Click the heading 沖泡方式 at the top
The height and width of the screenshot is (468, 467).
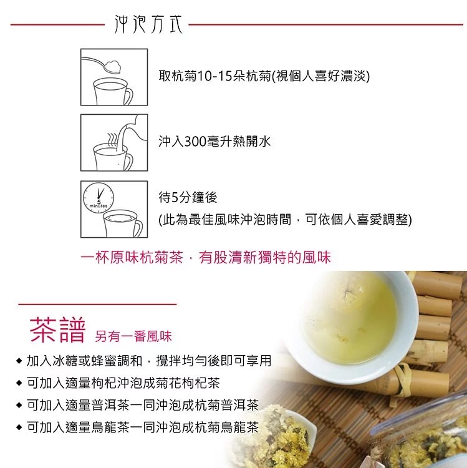pyautogui.click(x=148, y=24)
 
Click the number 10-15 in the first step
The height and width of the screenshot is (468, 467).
pyautogui.click(x=214, y=76)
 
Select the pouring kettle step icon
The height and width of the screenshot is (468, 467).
pyautogui.click(x=114, y=143)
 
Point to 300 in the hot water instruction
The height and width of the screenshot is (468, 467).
pyautogui.click(x=195, y=141)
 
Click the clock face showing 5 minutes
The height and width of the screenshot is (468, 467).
pyautogui.click(x=99, y=198)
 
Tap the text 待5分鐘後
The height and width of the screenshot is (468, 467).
pyautogui.click(x=188, y=197)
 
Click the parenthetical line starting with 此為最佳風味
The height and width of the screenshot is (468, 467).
pyautogui.click(x=285, y=220)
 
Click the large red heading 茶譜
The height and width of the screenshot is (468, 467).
pyautogui.click(x=57, y=330)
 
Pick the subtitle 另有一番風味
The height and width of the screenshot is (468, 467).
pyautogui.click(x=133, y=336)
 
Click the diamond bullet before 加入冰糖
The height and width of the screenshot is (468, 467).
pyautogui.click(x=19, y=361)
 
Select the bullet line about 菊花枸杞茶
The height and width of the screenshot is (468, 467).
pyautogui.click(x=123, y=383)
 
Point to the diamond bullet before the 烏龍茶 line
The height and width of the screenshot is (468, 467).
pyautogui.click(x=19, y=427)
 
